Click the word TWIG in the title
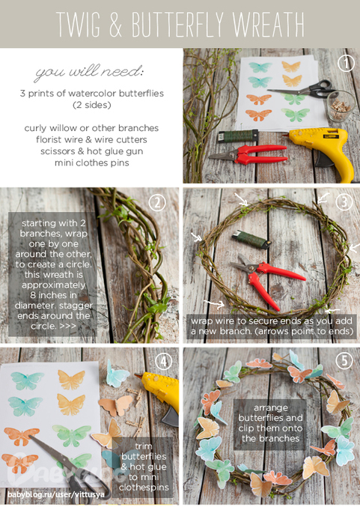78,24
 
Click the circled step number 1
346,63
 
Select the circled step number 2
157,203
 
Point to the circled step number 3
344,203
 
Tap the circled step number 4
163,361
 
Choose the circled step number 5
344,361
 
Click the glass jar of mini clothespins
341,106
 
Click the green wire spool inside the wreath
251,240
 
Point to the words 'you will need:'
89,72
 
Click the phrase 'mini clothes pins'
92,163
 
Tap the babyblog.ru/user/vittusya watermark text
56,495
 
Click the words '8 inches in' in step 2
53,295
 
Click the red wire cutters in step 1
248,154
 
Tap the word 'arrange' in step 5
270,408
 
